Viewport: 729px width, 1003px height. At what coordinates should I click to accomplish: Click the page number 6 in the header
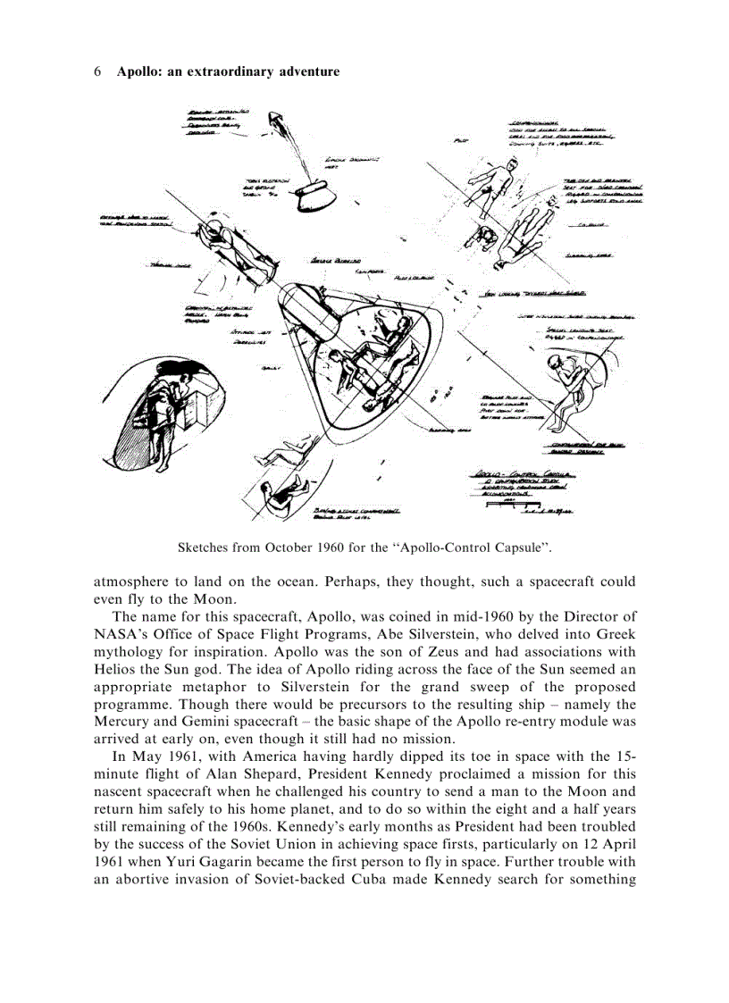point(97,71)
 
